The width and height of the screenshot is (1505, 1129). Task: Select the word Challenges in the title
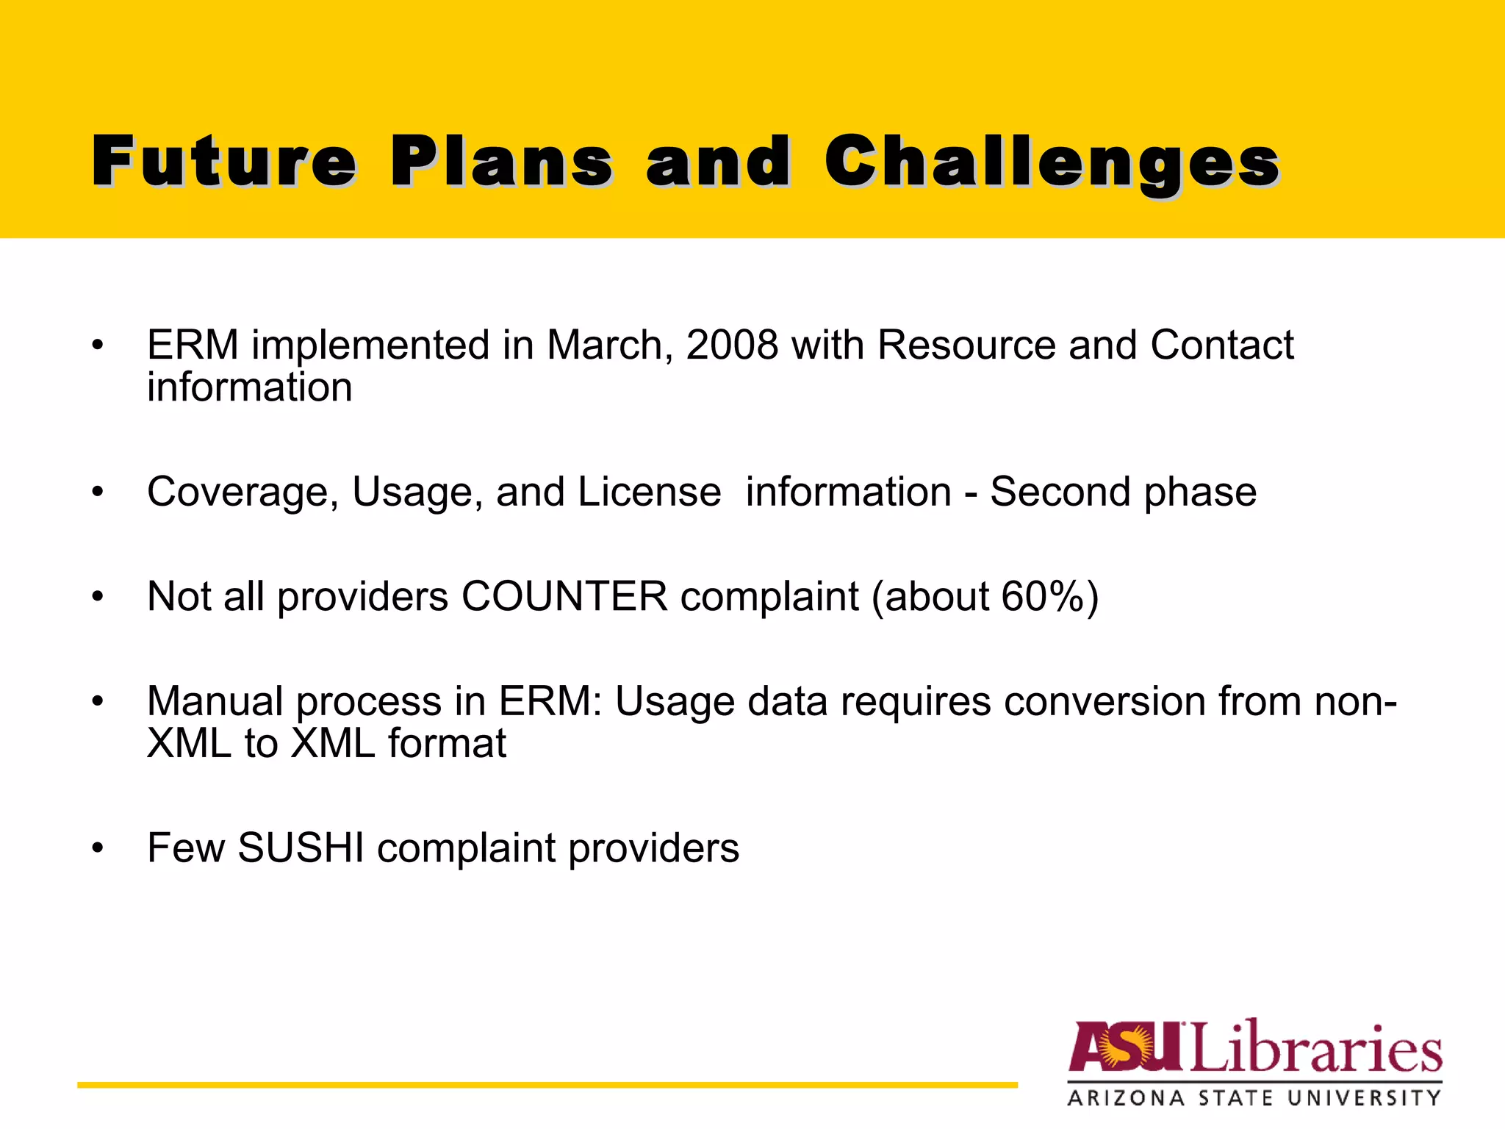(1052, 163)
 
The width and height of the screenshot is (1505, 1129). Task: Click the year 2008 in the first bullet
(732, 345)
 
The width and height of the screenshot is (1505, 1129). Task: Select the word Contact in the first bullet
(1221, 345)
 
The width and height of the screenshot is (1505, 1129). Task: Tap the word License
(649, 492)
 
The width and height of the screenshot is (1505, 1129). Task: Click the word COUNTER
(564, 596)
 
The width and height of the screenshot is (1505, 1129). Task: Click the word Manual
(215, 701)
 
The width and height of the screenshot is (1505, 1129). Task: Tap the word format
(447, 743)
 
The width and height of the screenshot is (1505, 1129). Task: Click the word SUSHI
(301, 848)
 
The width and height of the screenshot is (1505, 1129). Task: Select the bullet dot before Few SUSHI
(98, 849)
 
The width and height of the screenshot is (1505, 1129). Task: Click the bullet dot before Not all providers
(98, 597)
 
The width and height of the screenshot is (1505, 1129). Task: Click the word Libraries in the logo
(1315, 1047)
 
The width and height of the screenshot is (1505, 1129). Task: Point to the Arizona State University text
(1254, 1098)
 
